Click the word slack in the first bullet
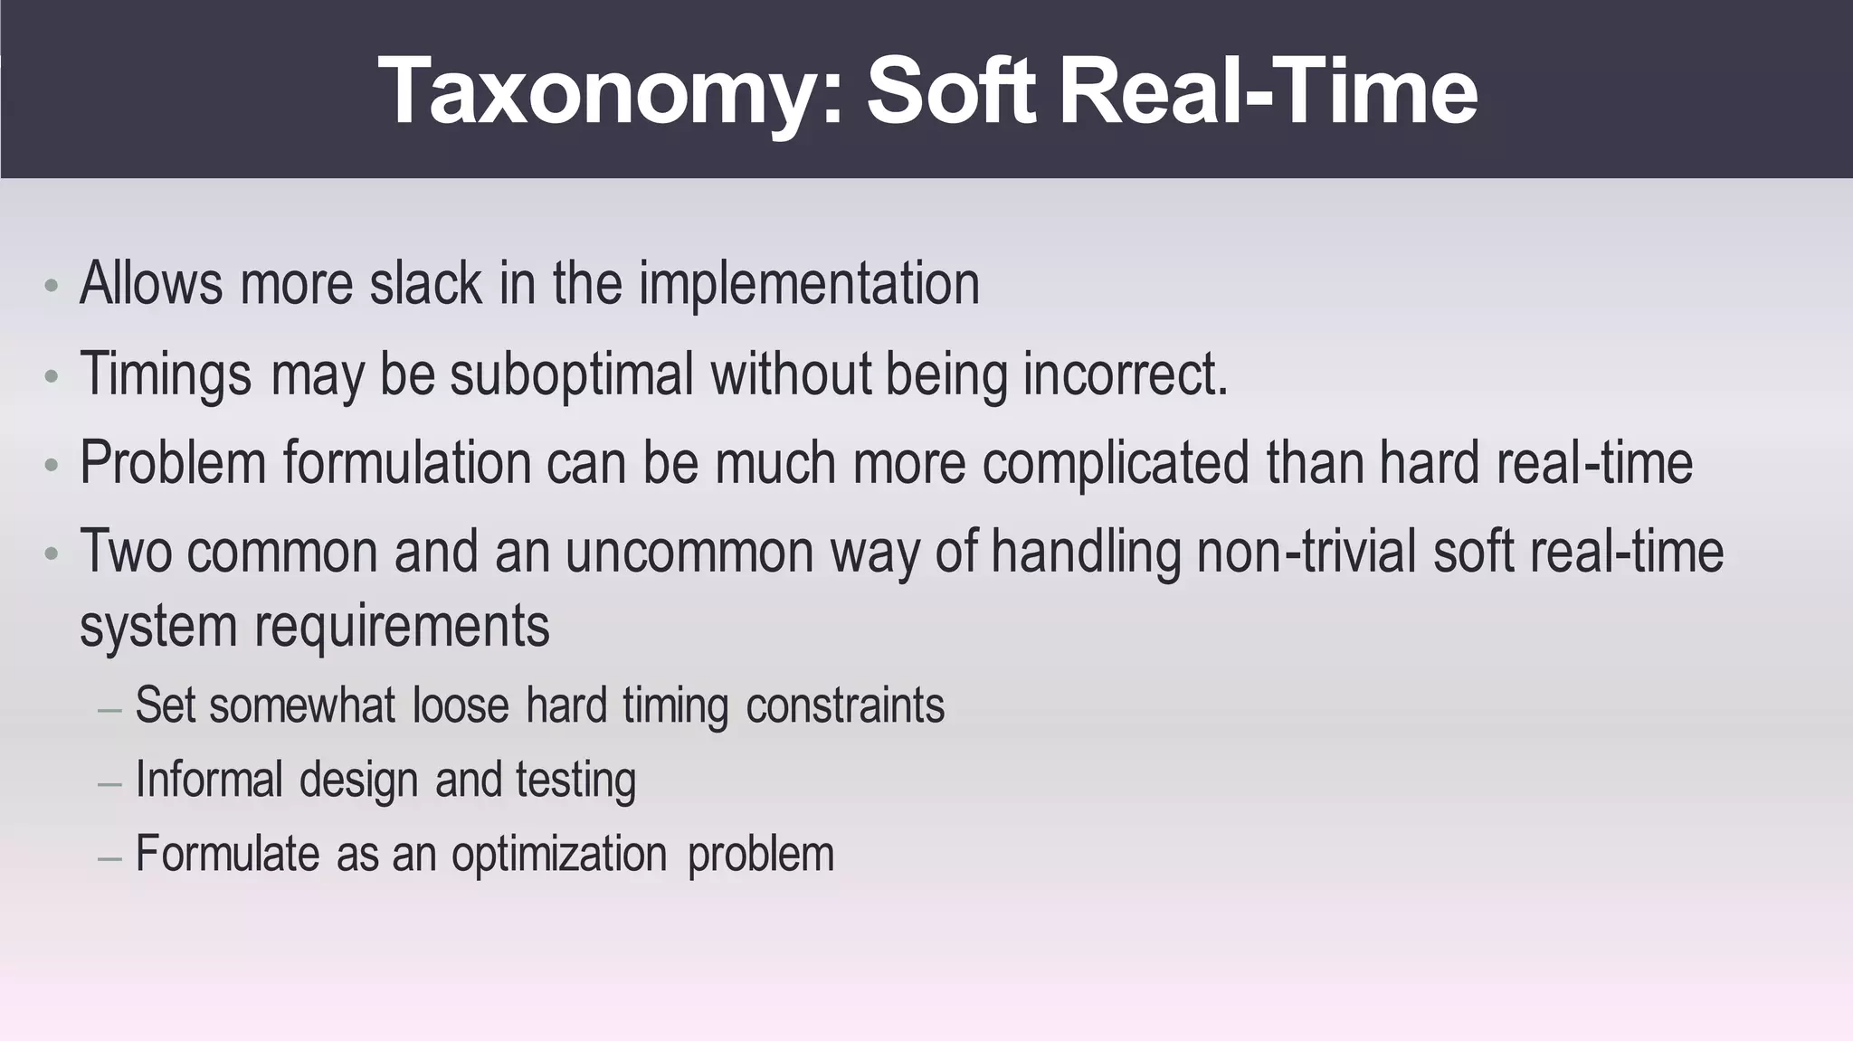click(x=425, y=283)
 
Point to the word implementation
click(x=809, y=285)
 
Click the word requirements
click(x=402, y=626)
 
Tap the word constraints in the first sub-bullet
click(x=845, y=705)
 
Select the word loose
click(x=461, y=705)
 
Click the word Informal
click(x=209, y=780)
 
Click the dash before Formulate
click(x=109, y=857)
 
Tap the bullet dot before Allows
click(x=52, y=288)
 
